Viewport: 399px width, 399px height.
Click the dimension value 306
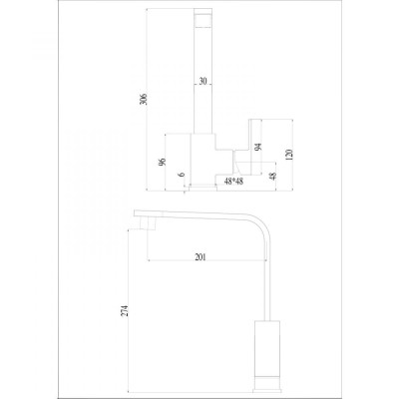point(144,99)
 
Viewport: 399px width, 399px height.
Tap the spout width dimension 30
point(202,81)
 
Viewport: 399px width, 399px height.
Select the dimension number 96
point(162,162)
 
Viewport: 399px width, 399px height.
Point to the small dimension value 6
point(181,175)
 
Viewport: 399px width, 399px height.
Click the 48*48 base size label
point(233,182)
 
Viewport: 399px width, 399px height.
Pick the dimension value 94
point(258,147)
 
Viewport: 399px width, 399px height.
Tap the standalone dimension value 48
point(273,176)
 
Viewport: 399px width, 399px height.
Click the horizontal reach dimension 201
point(200,257)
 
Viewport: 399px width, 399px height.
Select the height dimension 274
point(125,310)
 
